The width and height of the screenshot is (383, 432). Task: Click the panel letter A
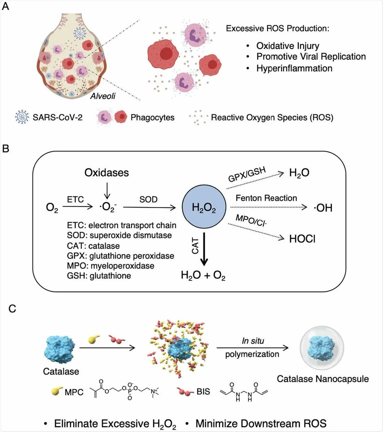click(6, 8)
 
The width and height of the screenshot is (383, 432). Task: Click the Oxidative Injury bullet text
click(288, 46)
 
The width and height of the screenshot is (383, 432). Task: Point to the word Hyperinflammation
click(294, 68)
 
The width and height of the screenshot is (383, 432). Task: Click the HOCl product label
click(302, 239)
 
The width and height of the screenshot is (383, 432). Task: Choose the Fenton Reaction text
click(266, 198)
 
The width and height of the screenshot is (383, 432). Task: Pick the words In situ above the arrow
click(252, 340)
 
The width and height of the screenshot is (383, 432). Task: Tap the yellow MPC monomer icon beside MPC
click(57, 390)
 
